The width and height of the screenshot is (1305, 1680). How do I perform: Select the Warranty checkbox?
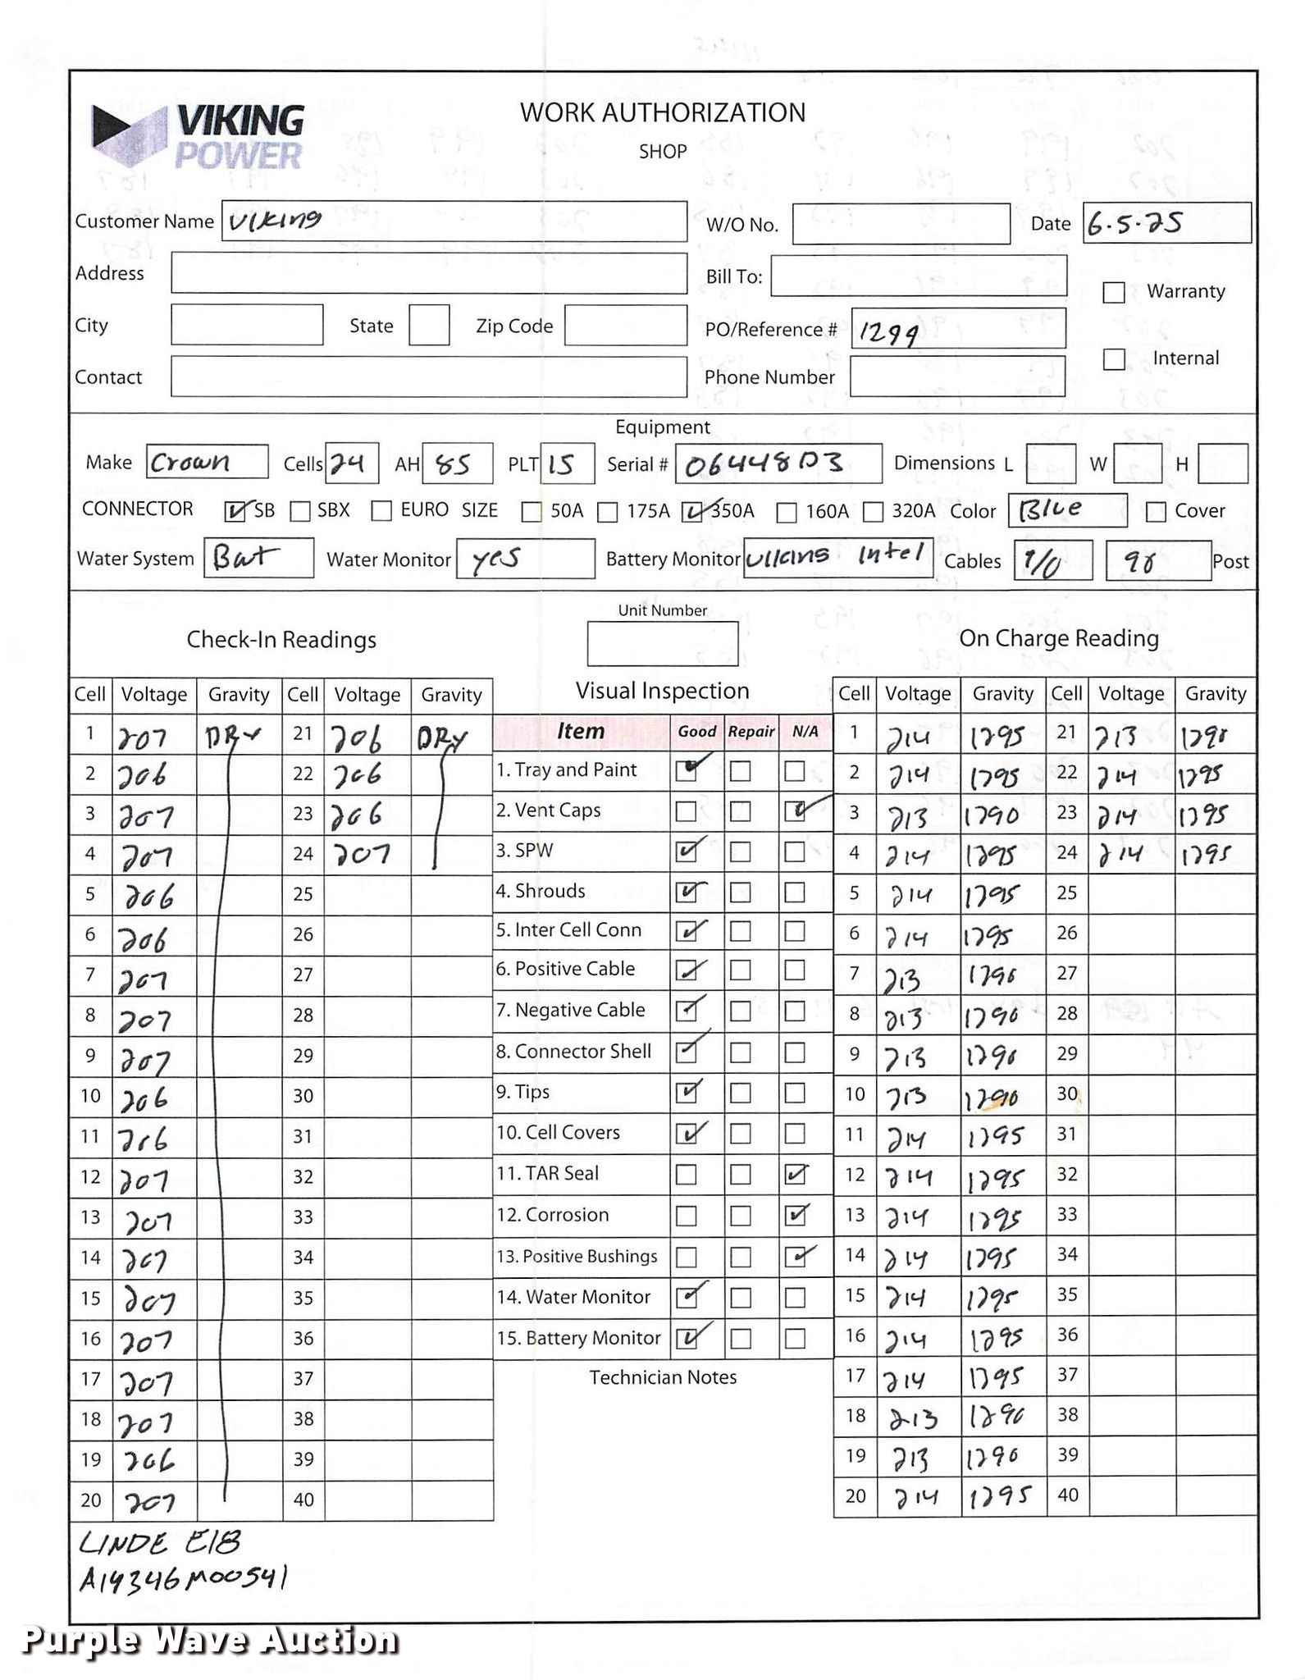tap(1113, 292)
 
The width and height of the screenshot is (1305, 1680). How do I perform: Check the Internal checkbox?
tap(1113, 358)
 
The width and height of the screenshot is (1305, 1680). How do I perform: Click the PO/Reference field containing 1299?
tap(957, 329)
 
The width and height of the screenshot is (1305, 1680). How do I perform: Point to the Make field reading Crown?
tap(207, 462)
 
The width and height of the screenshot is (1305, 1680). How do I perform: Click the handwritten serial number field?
tap(778, 463)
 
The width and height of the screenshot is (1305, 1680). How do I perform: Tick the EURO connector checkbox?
tap(381, 511)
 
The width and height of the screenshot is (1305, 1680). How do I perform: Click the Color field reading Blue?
tap(1066, 510)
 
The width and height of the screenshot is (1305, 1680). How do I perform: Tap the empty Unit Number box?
tap(662, 643)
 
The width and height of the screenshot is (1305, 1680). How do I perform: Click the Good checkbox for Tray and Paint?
tap(687, 770)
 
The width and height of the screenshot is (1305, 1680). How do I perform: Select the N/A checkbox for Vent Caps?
tap(794, 811)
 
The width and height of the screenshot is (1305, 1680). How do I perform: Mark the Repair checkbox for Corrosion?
tap(740, 1215)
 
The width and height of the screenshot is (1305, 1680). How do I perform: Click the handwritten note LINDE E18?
tap(160, 1543)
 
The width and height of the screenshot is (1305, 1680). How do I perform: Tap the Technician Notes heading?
tap(662, 1377)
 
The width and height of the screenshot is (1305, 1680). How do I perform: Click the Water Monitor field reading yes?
tap(525, 559)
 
